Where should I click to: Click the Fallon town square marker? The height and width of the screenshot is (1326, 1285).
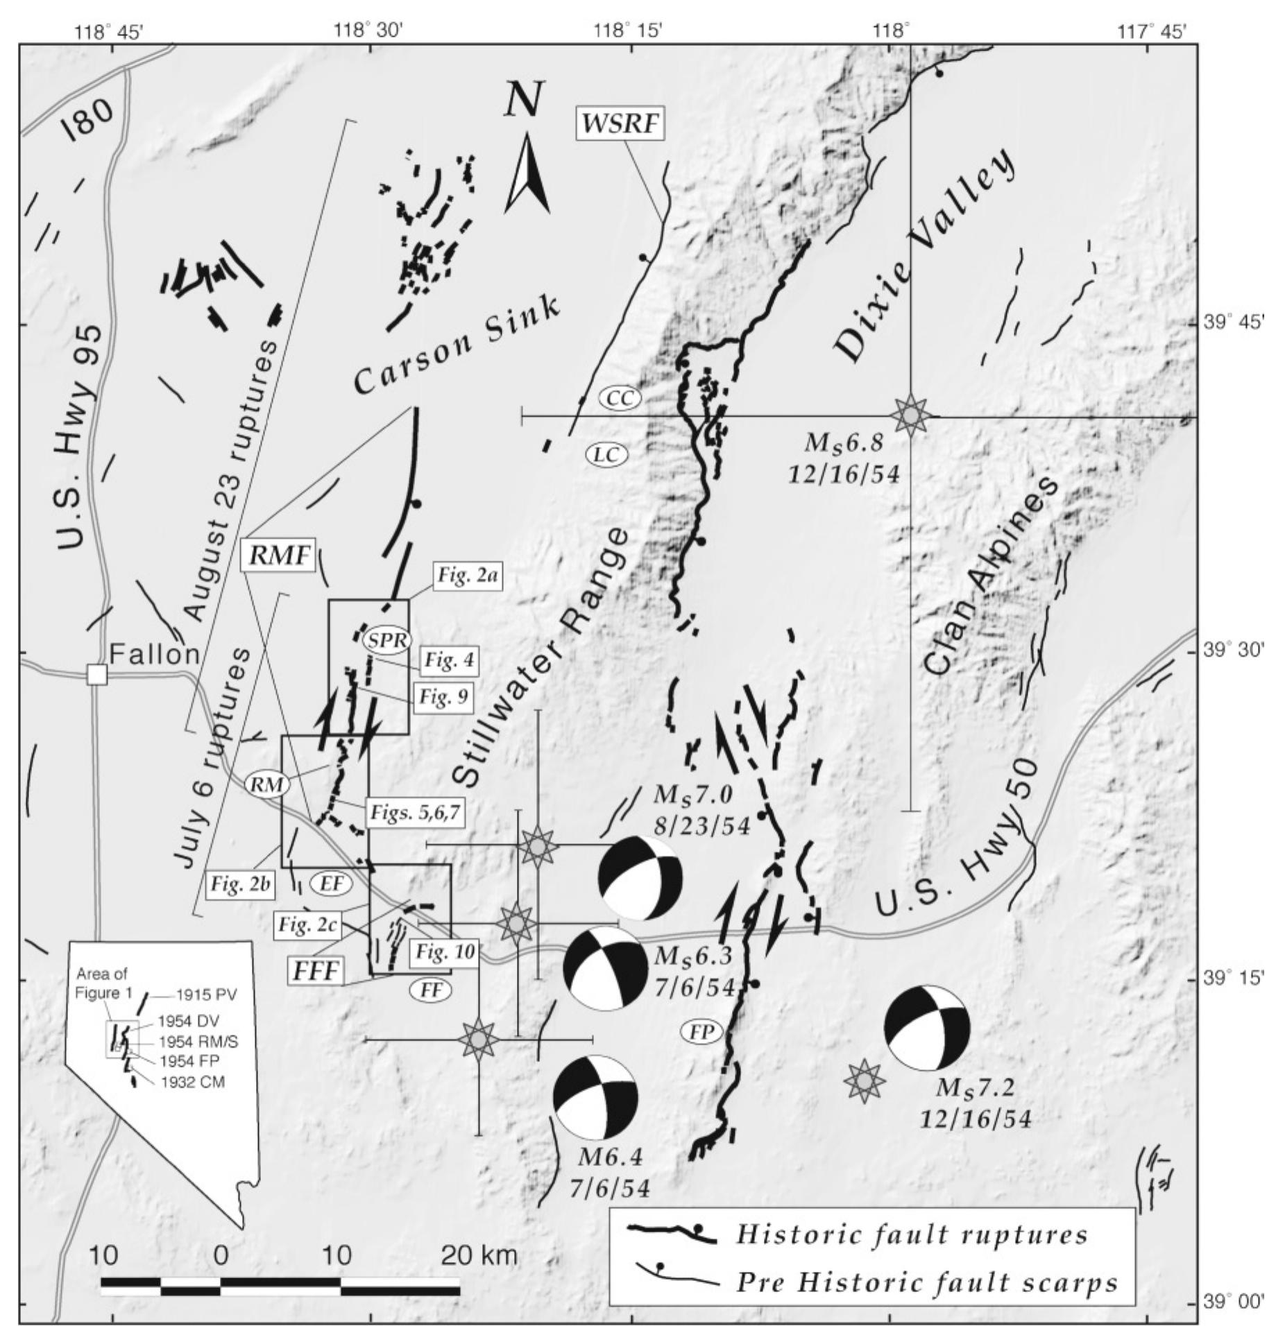coord(96,674)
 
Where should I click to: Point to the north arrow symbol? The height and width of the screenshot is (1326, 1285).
coord(527,173)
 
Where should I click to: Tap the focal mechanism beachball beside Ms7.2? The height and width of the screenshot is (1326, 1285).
coord(927,1028)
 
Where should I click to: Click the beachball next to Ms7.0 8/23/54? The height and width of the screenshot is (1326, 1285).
coord(640,878)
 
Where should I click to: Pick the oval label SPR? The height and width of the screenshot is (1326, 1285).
coord(386,639)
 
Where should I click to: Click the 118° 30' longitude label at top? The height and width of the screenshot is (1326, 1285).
coord(368,31)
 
